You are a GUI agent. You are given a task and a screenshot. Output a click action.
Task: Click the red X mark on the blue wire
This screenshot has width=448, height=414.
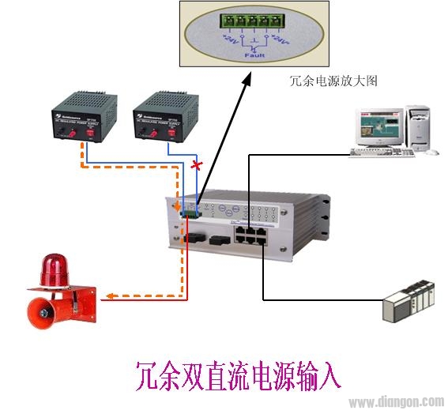[196, 166]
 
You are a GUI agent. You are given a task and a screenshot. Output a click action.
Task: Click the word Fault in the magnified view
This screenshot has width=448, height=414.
[253, 56]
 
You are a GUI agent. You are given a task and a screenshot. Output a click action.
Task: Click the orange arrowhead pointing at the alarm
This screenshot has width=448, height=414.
[111, 297]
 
